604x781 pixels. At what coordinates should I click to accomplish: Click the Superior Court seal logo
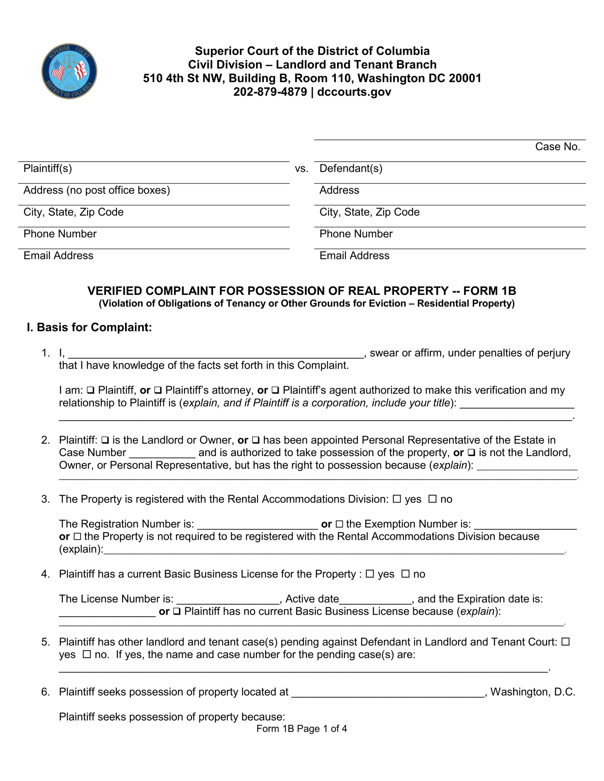pos(69,71)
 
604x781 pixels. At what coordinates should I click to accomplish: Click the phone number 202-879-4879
pos(270,92)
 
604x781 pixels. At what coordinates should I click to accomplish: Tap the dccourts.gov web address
pos(354,92)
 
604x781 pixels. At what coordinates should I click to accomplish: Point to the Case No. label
pos(557,147)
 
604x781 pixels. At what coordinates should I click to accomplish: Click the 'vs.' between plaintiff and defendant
pos(301,169)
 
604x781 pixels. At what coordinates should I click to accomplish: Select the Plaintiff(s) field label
pos(48,169)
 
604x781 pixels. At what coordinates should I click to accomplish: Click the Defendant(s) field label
pos(351,169)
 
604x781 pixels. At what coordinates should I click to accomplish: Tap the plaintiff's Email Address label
pos(58,256)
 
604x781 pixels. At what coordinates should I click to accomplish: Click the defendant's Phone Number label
pos(356,234)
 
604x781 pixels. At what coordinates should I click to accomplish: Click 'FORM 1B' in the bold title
pos(489,291)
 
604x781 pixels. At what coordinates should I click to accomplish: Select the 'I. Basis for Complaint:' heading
pos(89,327)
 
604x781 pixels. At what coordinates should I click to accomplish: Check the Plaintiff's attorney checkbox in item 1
pos(158,390)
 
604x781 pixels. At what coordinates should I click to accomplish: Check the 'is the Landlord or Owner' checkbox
pos(105,440)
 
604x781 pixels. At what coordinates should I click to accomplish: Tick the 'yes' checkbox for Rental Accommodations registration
pos(397,499)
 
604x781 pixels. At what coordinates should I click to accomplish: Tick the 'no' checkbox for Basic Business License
pos(406,574)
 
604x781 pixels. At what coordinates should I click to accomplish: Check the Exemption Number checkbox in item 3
pos(339,524)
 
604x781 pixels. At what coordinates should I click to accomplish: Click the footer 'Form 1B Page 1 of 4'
pos(301,729)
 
